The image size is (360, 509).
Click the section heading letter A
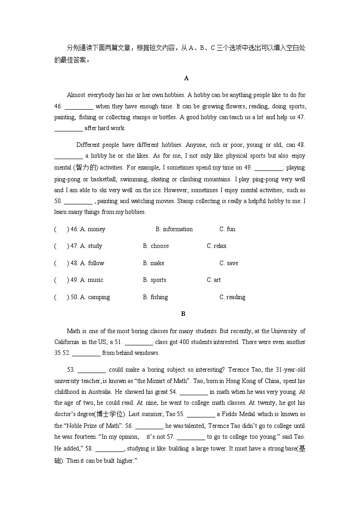coord(186,78)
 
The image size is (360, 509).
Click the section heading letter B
coord(183,314)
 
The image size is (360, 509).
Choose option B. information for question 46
coord(174,229)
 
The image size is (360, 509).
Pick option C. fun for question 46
coord(227,229)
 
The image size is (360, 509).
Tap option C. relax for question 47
coord(216,246)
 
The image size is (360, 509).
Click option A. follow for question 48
coord(92,263)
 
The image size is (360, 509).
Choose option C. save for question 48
coord(229,263)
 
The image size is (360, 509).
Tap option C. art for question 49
coord(214,280)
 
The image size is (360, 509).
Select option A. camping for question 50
coord(95,297)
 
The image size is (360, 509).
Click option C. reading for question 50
coord(232,297)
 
